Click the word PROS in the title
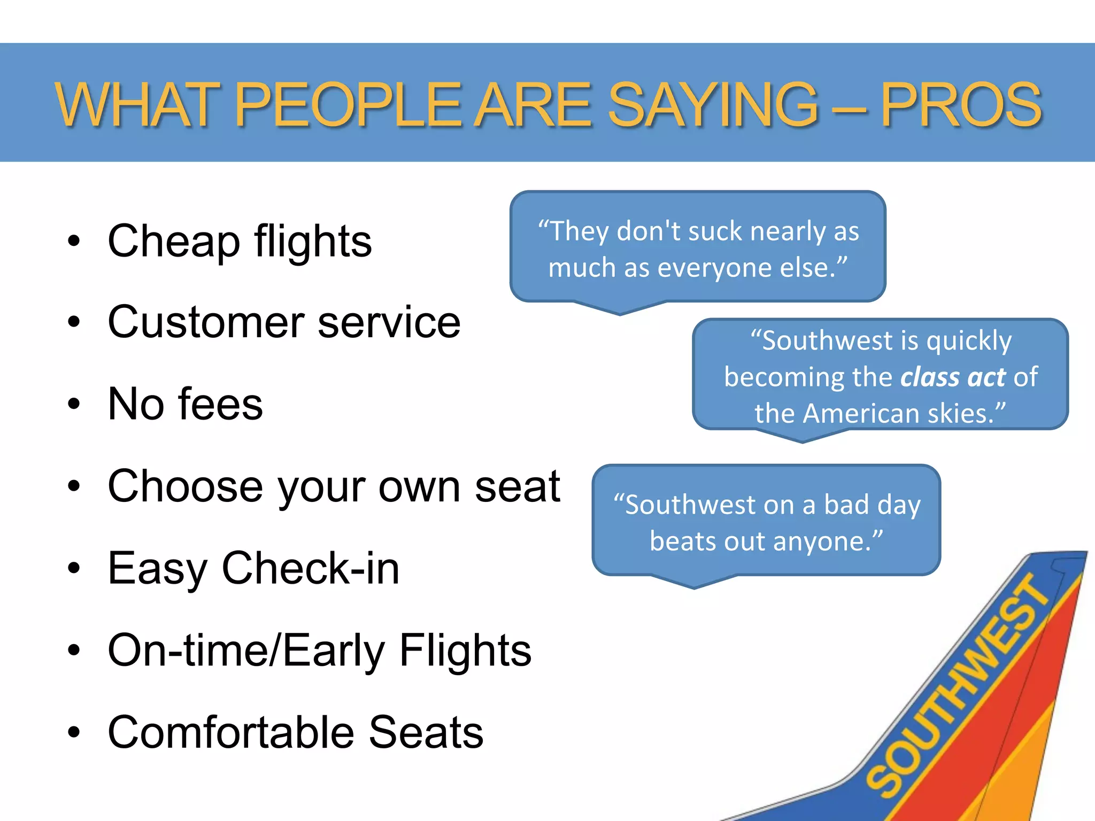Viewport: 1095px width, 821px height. coord(961,105)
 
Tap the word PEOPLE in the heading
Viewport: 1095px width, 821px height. coord(348,105)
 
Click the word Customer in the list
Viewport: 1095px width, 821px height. coord(206,322)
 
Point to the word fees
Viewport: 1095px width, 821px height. coord(220,404)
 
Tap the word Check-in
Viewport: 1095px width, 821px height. coord(310,568)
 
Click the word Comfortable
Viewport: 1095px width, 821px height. coord(230,732)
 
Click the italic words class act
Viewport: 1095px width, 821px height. coord(953,377)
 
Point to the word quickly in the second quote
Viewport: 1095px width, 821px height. coord(969,340)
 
